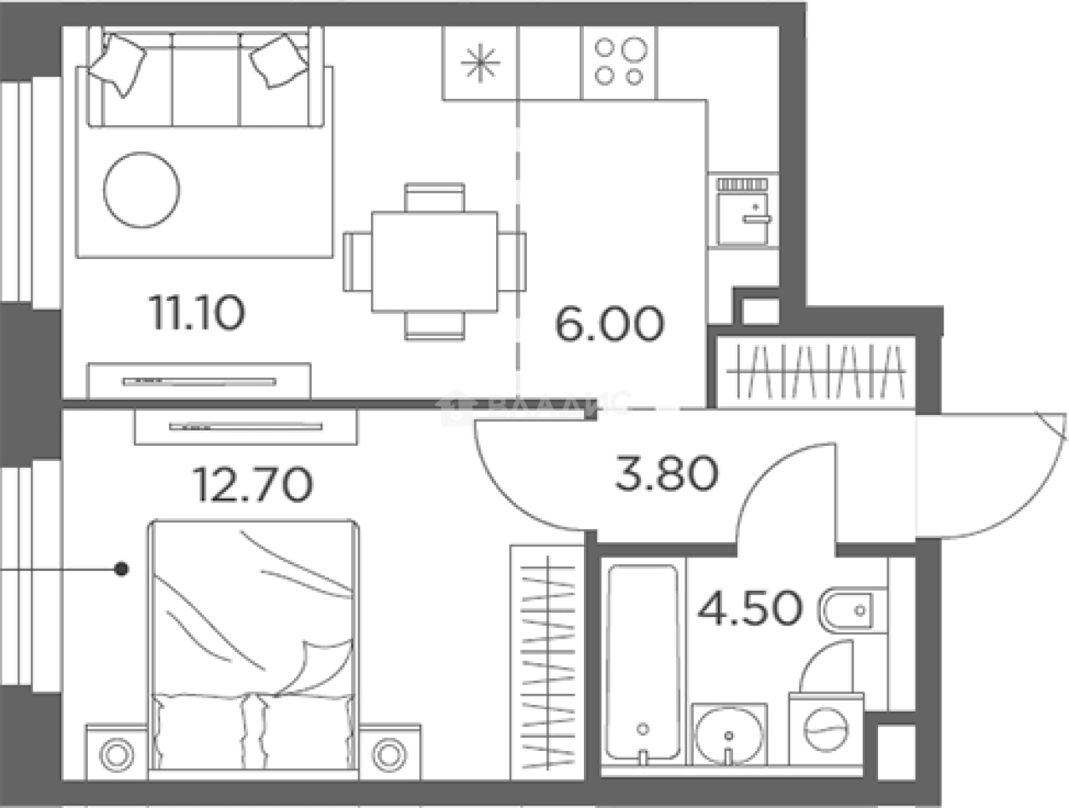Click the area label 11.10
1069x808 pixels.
(198, 313)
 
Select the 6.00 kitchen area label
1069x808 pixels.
(609, 325)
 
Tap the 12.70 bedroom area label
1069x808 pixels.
(253, 485)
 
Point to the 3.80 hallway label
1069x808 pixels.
(666, 474)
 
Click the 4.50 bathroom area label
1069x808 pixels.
(749, 609)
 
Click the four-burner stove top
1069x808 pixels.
(619, 62)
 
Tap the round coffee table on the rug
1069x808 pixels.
(142, 189)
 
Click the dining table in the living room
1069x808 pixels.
(434, 261)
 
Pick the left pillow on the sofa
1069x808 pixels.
(118, 63)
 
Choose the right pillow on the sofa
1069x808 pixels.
(279, 60)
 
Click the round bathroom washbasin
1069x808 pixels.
(729, 734)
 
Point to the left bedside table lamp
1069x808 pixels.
(117, 752)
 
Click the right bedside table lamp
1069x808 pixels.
(389, 752)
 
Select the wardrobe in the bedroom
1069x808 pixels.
(546, 661)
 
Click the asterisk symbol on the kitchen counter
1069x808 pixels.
(481, 63)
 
